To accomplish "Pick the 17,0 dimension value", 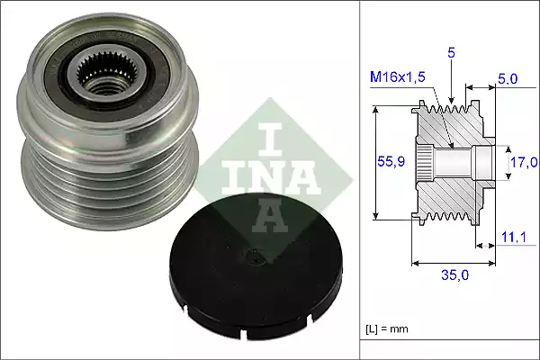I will (523, 162).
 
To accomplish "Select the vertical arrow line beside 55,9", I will (377, 162).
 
